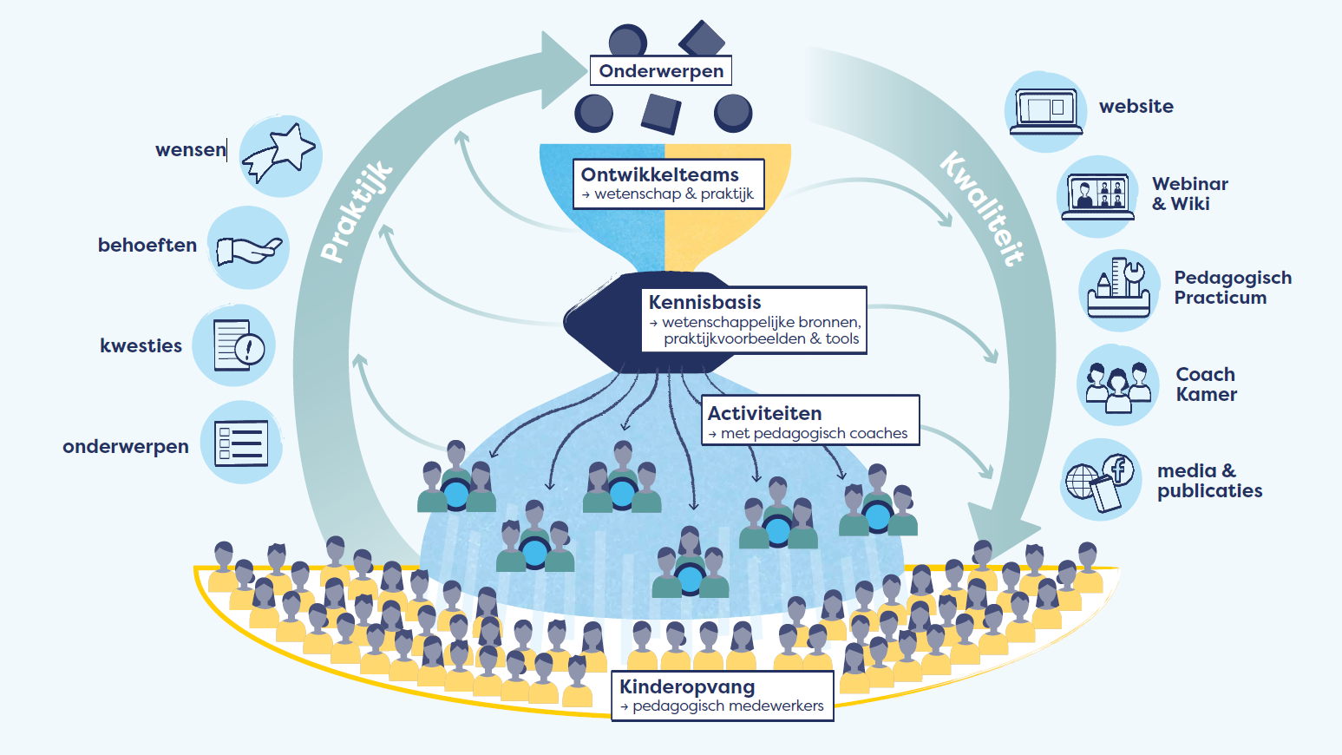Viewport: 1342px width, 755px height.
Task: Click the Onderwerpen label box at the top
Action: (661, 71)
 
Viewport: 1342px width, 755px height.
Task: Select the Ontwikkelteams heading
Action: (659, 174)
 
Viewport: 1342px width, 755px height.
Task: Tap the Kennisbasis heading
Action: (704, 302)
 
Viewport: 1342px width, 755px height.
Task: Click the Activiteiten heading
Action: (764, 413)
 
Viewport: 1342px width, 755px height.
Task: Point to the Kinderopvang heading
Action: (687, 686)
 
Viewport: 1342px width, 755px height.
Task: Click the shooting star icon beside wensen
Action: (280, 155)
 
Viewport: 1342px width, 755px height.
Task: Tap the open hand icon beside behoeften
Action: (248, 248)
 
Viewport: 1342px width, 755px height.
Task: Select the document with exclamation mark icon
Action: (234, 345)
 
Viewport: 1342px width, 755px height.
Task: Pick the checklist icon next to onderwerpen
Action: (241, 443)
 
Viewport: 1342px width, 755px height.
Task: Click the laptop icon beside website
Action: (1045, 111)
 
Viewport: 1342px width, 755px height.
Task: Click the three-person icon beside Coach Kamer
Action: (1117, 384)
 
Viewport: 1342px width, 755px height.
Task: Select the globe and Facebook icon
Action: (1102, 480)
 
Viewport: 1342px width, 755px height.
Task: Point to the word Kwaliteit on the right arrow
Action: (982, 208)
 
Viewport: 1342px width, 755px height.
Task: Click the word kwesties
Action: (141, 345)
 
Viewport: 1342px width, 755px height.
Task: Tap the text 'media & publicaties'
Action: (1209, 481)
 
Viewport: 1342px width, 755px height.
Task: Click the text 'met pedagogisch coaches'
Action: (814, 433)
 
